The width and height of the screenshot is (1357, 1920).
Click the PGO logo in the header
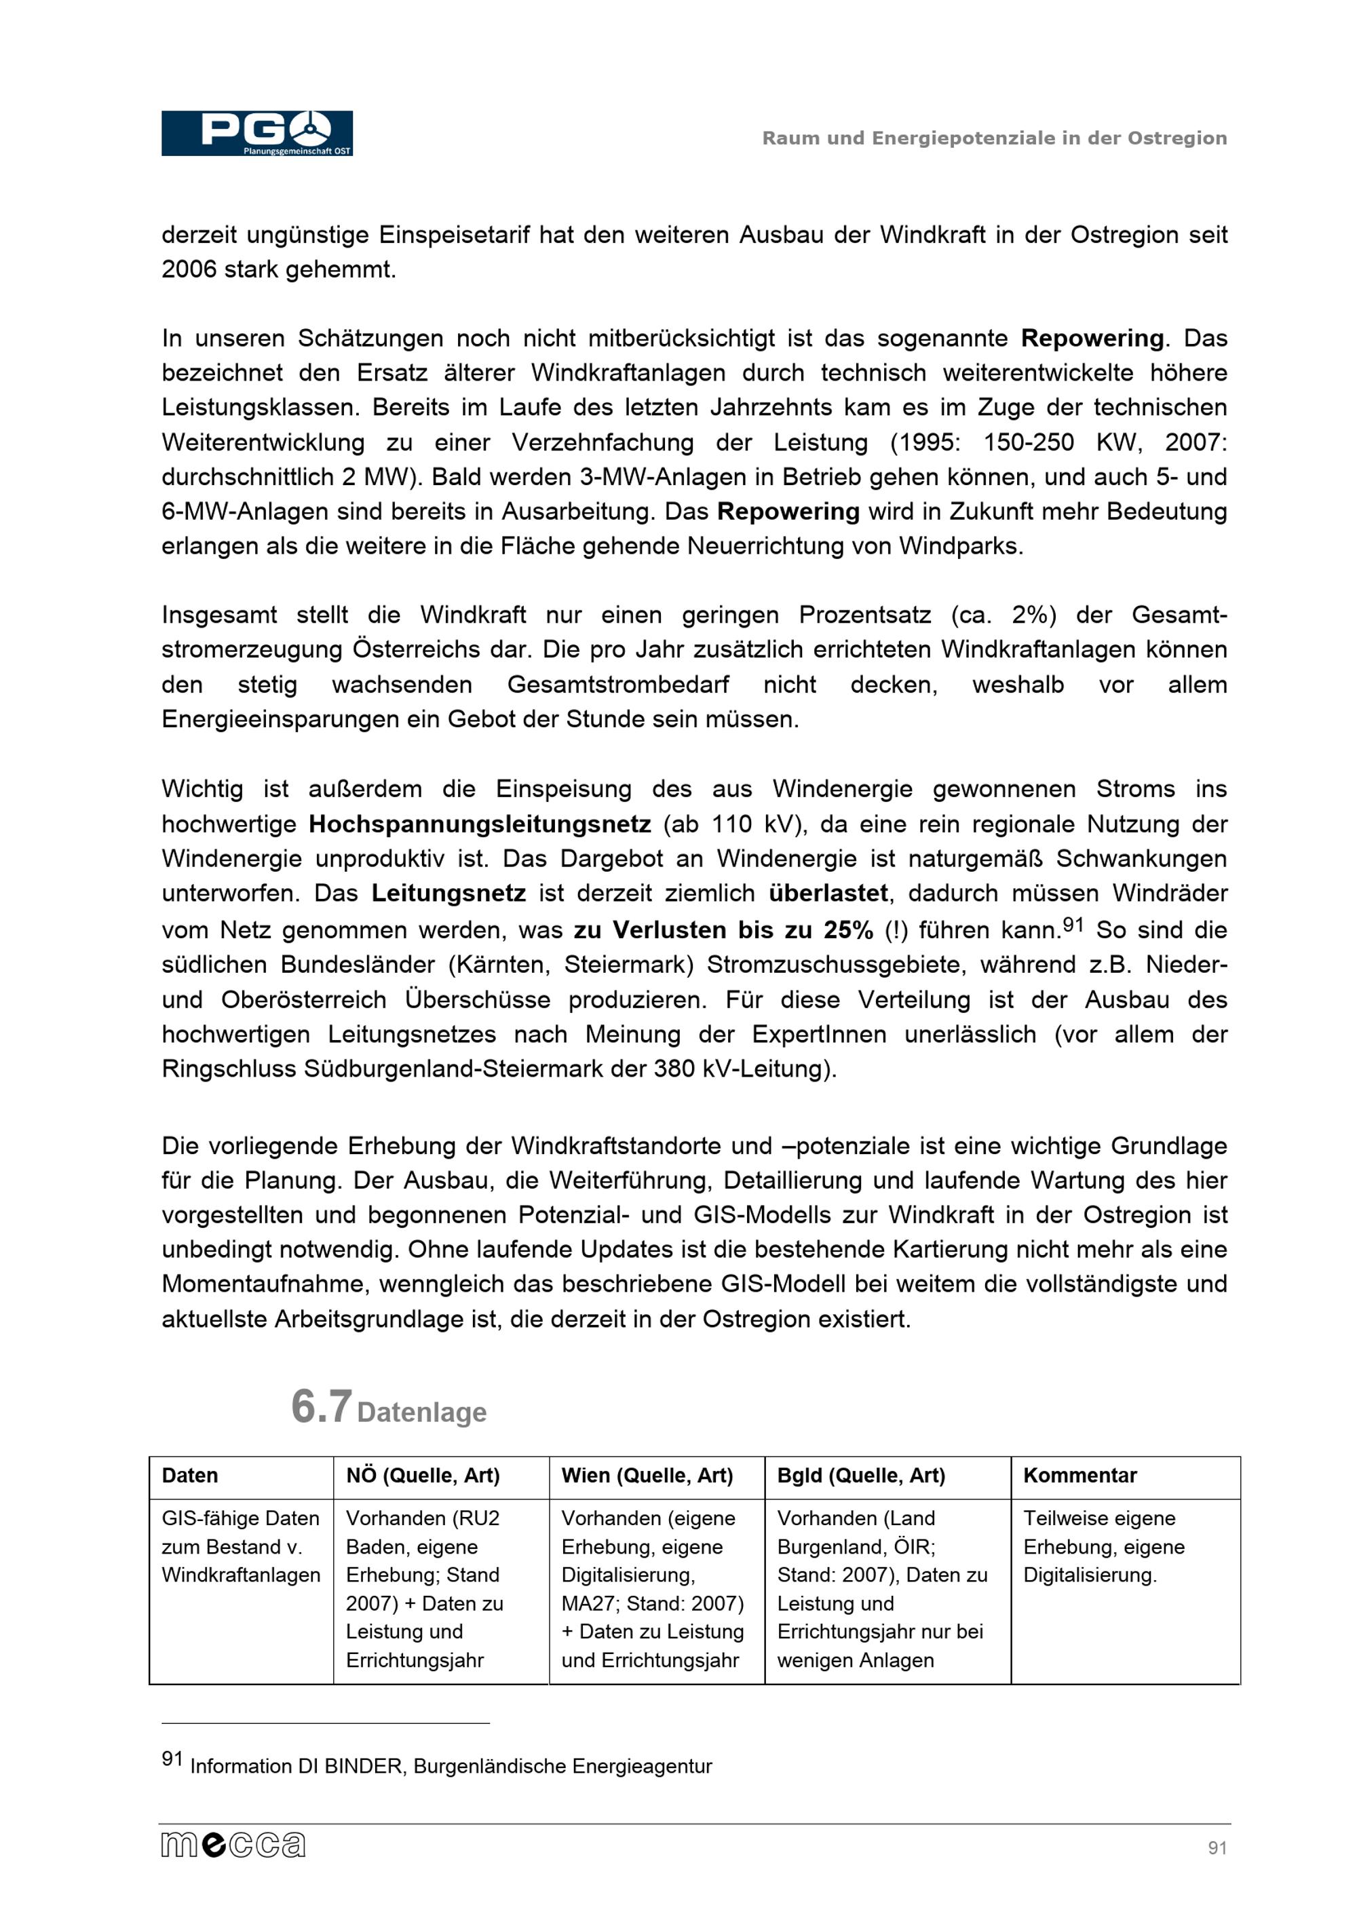pos(256,133)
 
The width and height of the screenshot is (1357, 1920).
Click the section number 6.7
pos(321,1406)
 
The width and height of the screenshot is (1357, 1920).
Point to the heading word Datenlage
pos(421,1413)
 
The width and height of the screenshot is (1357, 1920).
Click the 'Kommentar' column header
pos(1079,1475)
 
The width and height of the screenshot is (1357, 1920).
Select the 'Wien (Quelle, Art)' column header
pos(647,1475)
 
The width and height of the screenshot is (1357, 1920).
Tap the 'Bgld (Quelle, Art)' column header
pos(860,1475)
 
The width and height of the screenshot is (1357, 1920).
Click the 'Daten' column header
pos(190,1475)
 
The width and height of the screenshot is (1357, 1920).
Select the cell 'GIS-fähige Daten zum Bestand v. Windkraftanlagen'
pos(241,1546)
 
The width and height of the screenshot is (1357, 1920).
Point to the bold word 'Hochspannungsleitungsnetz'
pos(479,824)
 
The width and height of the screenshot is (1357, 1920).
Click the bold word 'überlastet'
pos(828,893)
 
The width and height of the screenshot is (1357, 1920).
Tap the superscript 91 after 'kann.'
pos(1073,923)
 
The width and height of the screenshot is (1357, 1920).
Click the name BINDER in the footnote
pos(364,1767)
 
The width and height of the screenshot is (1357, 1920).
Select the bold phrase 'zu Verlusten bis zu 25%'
pos(723,930)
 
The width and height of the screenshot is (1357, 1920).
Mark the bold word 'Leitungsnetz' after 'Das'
pos(448,893)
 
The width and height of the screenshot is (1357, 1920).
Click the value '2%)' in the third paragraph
pos(1033,615)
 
